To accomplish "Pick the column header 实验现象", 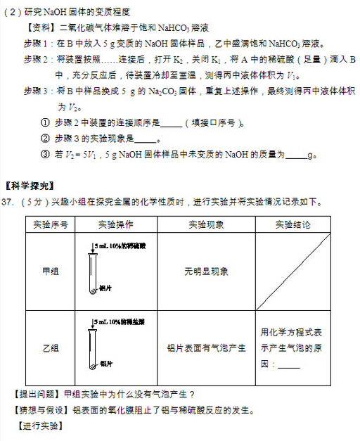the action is [x=206, y=225].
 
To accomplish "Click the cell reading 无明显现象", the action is [x=206, y=271].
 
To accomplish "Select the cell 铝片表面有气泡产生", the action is [x=206, y=348].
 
